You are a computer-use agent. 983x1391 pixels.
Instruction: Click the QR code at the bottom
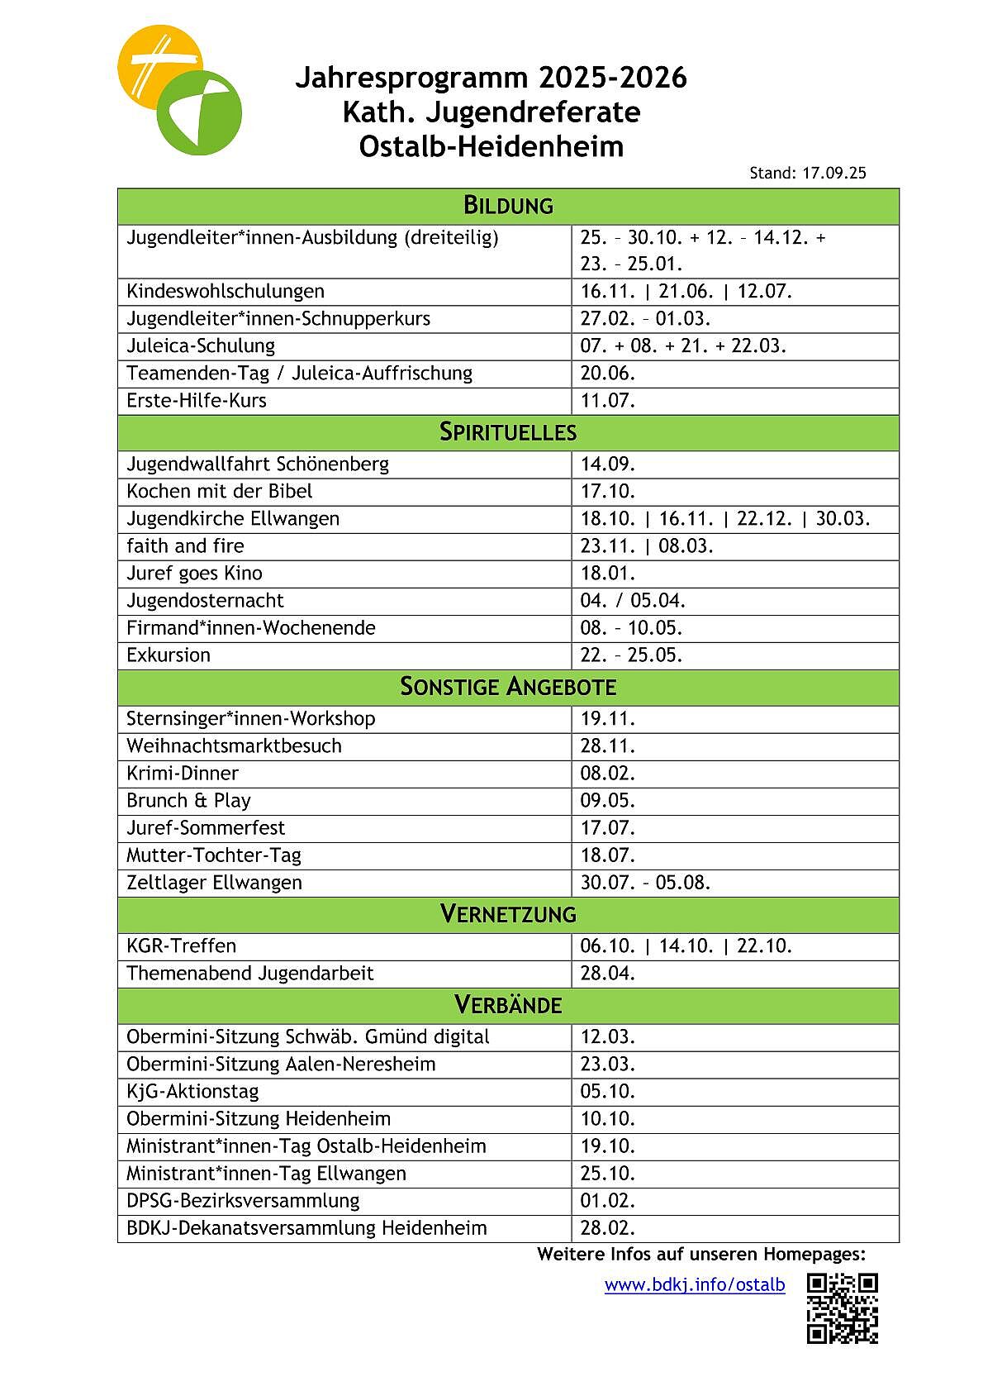click(x=842, y=1308)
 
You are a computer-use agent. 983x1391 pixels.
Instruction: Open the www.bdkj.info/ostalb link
click(x=694, y=1284)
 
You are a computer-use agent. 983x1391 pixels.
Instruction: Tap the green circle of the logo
click(x=200, y=113)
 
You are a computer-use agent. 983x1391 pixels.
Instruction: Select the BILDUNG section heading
click(x=508, y=206)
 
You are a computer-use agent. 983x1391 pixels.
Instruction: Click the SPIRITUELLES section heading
click(x=508, y=432)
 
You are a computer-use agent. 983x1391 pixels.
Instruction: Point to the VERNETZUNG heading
click(x=508, y=914)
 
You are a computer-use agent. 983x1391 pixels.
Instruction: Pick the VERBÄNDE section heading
click(x=508, y=1005)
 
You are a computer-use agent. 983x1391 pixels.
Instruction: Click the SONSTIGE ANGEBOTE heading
click(x=508, y=687)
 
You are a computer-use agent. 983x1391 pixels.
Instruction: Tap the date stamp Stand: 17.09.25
click(x=807, y=174)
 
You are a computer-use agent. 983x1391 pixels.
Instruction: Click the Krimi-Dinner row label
click(x=183, y=774)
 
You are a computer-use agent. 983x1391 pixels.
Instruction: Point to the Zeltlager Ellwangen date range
click(x=645, y=883)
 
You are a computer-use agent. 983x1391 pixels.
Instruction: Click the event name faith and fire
click(x=185, y=546)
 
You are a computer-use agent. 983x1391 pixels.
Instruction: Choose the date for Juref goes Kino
click(x=608, y=574)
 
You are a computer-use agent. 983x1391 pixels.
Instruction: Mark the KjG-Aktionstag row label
click(x=192, y=1092)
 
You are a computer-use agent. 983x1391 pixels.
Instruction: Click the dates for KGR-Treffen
click(x=686, y=946)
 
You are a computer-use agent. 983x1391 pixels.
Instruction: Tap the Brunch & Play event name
click(x=188, y=801)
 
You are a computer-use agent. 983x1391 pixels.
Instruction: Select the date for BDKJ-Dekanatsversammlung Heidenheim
click(x=608, y=1228)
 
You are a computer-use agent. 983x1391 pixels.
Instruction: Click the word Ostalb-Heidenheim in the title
click(x=491, y=147)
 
